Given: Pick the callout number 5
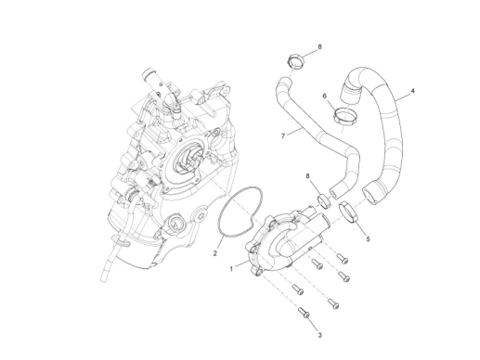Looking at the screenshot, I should [x=367, y=238].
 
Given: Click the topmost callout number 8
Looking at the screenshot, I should [x=319, y=45].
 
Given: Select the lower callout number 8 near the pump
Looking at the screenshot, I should [x=308, y=174].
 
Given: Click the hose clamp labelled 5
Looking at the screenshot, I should [x=348, y=212].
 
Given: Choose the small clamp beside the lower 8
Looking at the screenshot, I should [x=321, y=198].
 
